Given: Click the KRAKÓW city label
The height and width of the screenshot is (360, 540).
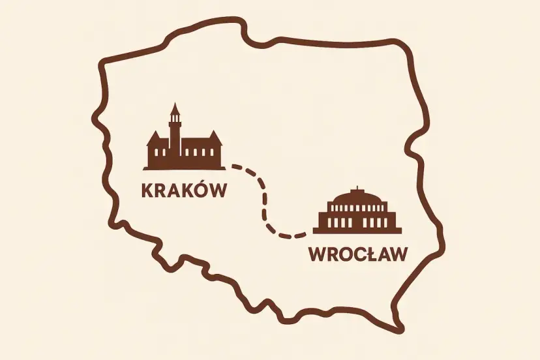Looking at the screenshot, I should pyautogui.click(x=183, y=190).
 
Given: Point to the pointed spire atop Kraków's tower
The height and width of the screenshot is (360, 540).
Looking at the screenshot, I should pyautogui.click(x=174, y=108).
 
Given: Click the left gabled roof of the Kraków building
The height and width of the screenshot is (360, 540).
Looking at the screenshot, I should pyautogui.click(x=155, y=139).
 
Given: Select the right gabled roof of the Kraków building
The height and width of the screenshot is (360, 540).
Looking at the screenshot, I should pyautogui.click(x=213, y=138).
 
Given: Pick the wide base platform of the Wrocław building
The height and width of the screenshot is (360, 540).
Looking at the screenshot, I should pyautogui.click(x=357, y=230).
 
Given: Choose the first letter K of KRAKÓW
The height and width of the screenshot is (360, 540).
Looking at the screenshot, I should pyautogui.click(x=148, y=190).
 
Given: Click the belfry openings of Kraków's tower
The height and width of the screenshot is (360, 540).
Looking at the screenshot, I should pyautogui.click(x=174, y=121).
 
